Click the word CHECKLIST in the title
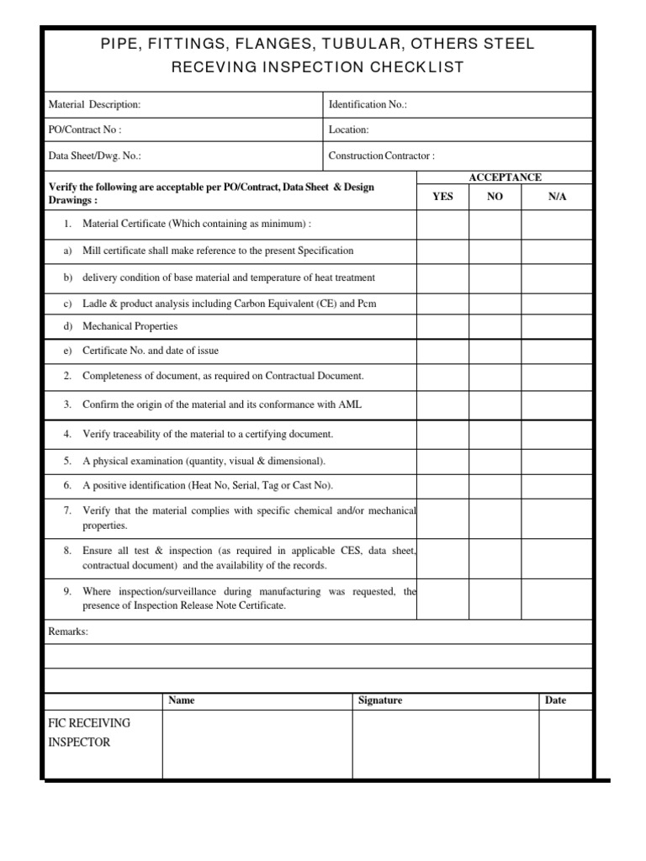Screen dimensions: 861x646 tap(418, 67)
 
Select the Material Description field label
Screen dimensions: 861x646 tap(95, 105)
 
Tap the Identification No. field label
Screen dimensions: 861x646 tap(368, 105)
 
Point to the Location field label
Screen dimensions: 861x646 tap(348, 130)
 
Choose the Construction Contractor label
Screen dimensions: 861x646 tap(381, 156)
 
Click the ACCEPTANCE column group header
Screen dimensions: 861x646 tap(505, 177)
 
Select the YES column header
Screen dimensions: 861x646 tap(442, 196)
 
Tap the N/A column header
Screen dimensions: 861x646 tap(558, 196)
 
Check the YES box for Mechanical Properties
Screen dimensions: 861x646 tap(442, 326)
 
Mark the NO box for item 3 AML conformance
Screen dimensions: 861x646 tap(495, 404)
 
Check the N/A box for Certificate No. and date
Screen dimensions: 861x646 tap(558, 351)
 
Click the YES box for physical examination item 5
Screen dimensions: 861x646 tap(442, 461)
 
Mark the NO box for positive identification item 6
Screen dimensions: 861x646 tap(495, 486)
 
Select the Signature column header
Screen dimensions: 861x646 tap(380, 700)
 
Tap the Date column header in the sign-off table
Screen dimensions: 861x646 tap(555, 700)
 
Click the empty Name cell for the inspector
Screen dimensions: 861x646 tap(257, 744)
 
